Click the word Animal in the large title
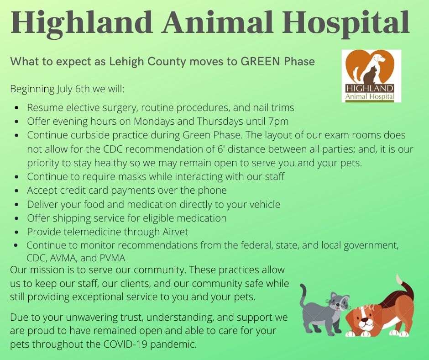[x=218, y=22]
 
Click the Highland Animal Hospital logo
[x=371, y=76]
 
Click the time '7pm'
[x=278, y=122]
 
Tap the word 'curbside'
[x=90, y=135]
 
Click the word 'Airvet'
[x=175, y=232]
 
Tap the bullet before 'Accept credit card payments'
[x=17, y=191]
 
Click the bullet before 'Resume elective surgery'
[x=17, y=108]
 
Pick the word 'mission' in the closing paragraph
[x=47, y=270]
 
